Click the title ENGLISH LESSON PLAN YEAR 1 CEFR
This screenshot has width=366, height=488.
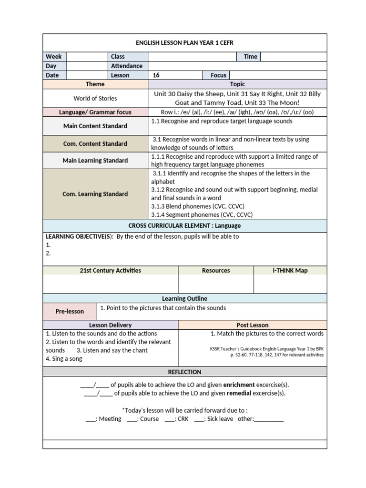point(184,42)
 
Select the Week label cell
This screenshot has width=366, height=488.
point(54,56)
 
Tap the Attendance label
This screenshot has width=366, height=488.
point(126,66)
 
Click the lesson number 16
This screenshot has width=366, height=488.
point(156,75)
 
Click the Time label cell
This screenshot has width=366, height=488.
point(250,56)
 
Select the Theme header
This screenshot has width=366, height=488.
point(95,84)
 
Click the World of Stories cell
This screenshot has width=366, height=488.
point(95,98)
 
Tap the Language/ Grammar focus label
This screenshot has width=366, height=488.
point(95,112)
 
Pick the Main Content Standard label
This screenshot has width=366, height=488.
point(95,126)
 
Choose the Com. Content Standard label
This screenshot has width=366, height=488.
point(95,143)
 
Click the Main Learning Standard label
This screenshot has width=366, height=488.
point(95,161)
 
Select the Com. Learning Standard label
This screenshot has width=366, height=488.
point(95,194)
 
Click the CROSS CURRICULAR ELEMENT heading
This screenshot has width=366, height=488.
point(184,225)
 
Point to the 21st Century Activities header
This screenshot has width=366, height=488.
point(110,271)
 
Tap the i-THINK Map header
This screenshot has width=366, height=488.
point(290,271)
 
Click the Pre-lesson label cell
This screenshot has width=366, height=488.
point(70,311)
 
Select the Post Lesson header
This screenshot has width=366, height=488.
point(253,325)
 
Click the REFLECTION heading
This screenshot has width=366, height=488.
point(184,372)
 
